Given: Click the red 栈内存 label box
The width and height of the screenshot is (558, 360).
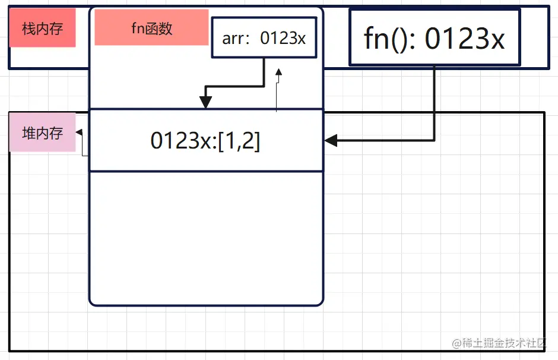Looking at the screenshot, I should coord(42,28).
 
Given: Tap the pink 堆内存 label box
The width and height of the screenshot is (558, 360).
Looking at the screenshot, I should coord(42,132).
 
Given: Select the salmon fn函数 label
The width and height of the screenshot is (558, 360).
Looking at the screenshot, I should coord(151,27).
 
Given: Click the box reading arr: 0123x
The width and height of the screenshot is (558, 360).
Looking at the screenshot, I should coord(264,38).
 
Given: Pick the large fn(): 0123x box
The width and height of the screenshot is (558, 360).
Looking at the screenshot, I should coord(435,37).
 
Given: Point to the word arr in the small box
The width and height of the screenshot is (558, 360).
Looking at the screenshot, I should coord(233,39).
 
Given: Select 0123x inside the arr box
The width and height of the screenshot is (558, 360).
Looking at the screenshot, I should coord(283,39).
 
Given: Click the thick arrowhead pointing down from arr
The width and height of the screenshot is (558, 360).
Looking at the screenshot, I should coord(205,103).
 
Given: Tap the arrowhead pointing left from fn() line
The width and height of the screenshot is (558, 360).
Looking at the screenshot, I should coord(331,141).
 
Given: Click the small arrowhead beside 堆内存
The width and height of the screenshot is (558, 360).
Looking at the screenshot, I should coord(79,132).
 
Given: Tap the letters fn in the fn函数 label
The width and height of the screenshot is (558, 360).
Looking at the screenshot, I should coord(137,28).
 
